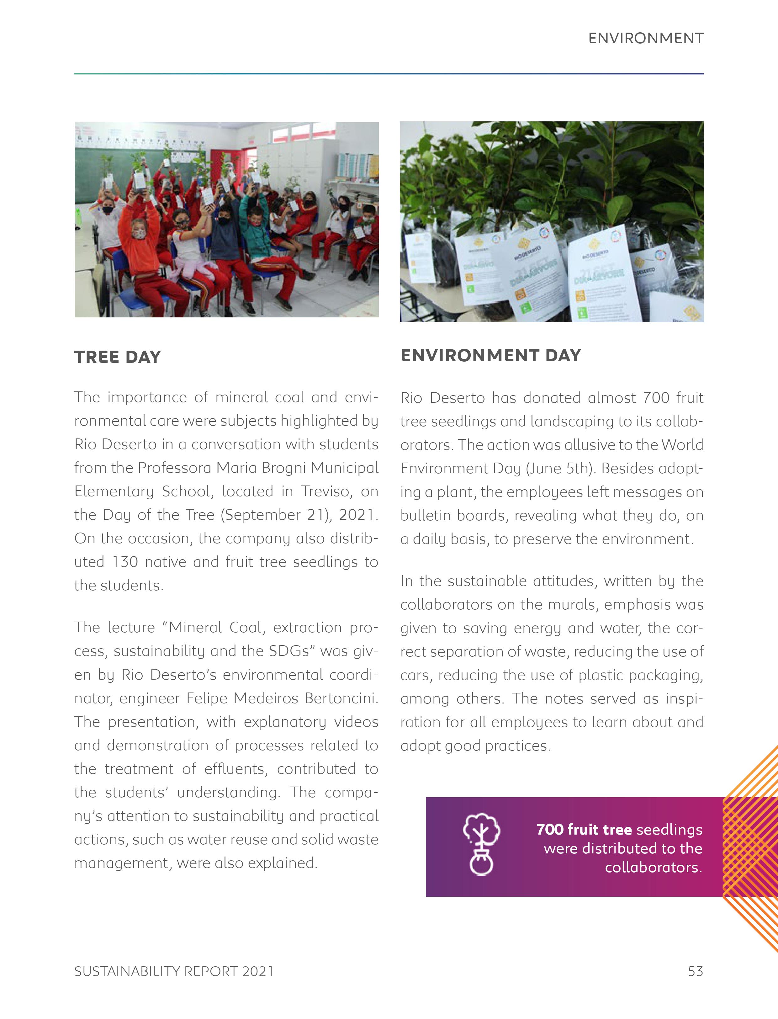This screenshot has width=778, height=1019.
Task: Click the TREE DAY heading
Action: pyautogui.click(x=118, y=357)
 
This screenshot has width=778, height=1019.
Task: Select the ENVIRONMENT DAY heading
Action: pyautogui.click(x=490, y=355)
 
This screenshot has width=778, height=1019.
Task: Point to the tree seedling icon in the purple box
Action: pyautogui.click(x=481, y=844)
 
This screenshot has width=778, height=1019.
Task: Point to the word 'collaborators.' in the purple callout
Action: pyautogui.click(x=654, y=867)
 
